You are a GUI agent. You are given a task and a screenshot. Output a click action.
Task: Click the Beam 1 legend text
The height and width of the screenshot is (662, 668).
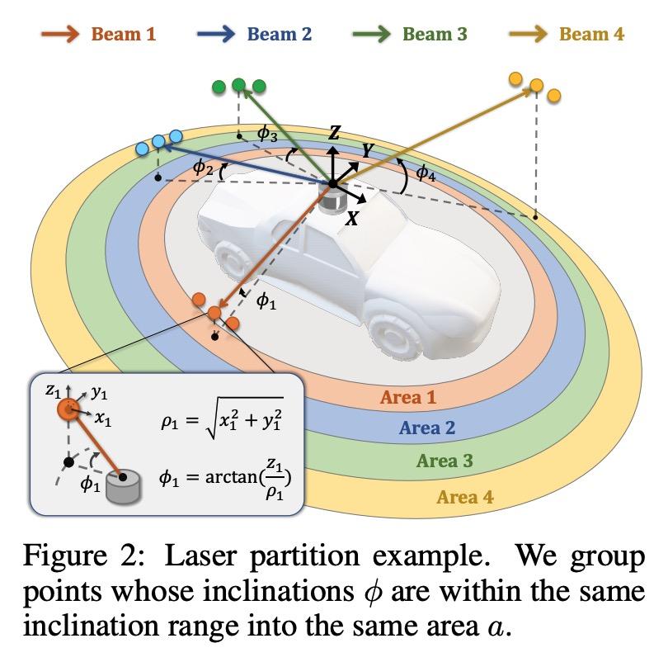click(124, 34)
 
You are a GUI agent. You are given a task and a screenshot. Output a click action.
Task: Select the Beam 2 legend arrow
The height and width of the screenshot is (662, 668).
click(216, 34)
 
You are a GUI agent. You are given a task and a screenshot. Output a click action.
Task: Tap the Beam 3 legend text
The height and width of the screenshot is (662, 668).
click(435, 34)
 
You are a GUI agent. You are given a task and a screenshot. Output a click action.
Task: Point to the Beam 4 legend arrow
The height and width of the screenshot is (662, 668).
click(529, 34)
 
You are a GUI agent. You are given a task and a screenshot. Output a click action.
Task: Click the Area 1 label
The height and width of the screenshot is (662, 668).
click(408, 397)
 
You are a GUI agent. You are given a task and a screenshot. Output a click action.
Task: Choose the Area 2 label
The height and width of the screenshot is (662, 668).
click(427, 428)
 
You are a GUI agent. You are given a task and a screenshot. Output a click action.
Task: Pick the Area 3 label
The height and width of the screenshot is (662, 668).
click(445, 461)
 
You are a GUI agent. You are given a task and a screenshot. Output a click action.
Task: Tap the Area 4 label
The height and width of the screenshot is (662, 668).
click(465, 497)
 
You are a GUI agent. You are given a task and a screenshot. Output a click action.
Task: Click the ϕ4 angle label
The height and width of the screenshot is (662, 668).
click(426, 173)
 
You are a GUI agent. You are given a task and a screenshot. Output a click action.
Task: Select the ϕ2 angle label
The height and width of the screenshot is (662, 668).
click(203, 167)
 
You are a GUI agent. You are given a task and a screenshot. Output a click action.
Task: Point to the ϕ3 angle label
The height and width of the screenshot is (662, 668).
click(267, 134)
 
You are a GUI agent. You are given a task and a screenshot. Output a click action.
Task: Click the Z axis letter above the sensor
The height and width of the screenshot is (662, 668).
click(334, 133)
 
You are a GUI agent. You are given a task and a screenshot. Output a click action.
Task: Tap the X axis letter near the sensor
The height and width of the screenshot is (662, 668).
click(352, 219)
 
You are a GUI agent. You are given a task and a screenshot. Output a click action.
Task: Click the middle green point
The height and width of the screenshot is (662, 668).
click(238, 85)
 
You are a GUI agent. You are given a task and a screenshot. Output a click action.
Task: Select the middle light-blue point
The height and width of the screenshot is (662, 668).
click(158, 141)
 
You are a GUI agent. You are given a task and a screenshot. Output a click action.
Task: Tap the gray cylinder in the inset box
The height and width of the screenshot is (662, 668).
click(123, 487)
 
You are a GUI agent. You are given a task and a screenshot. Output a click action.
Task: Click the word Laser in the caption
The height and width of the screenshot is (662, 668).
click(200, 556)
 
